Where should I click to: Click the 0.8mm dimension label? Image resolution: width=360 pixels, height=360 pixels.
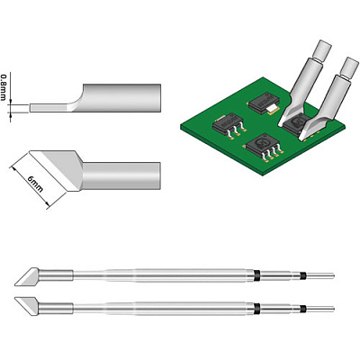coord(4,87)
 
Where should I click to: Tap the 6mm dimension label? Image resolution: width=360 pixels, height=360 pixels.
coord(35,184)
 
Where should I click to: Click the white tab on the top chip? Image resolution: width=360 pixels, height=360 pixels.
coord(272,109)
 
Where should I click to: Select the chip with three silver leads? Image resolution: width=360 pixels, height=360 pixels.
coord(229,126)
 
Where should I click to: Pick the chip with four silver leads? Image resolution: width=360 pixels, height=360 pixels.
coord(264,148)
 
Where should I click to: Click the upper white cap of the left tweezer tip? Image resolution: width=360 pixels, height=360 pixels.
coord(322,49)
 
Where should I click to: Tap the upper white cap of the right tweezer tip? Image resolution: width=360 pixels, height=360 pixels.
coord(350,67)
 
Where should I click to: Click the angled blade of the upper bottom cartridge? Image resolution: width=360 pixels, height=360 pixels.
coord(27,276)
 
